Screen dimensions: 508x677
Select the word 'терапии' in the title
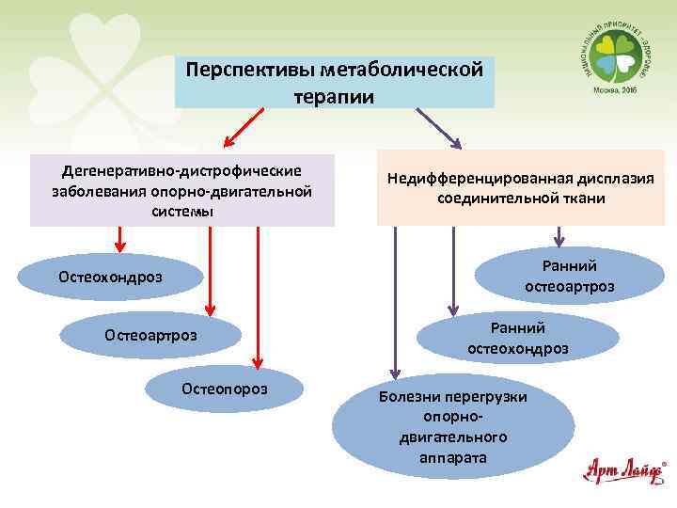[x=334, y=96]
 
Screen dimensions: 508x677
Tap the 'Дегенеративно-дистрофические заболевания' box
[x=181, y=190]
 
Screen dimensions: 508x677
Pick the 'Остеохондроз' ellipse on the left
[x=110, y=277]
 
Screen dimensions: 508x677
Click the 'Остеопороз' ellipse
[x=225, y=388]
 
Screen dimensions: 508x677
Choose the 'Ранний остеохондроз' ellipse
[x=517, y=338]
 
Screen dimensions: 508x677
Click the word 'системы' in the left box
[x=181, y=212]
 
